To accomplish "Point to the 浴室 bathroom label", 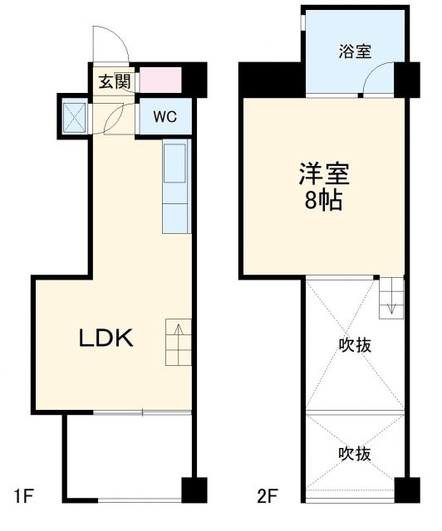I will click(x=355, y=51).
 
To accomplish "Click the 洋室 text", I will click(x=325, y=174).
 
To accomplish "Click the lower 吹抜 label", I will click(x=355, y=453).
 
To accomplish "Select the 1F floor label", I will click(x=22, y=498).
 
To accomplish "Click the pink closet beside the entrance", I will click(x=160, y=80).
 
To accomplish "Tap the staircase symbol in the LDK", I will click(x=178, y=342).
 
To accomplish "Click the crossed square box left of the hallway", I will click(x=74, y=115).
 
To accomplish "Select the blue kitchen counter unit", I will click(x=175, y=187).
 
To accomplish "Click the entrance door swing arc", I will click(x=108, y=41).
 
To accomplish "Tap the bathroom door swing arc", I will click(x=376, y=80).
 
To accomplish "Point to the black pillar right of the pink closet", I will click(x=194, y=79).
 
